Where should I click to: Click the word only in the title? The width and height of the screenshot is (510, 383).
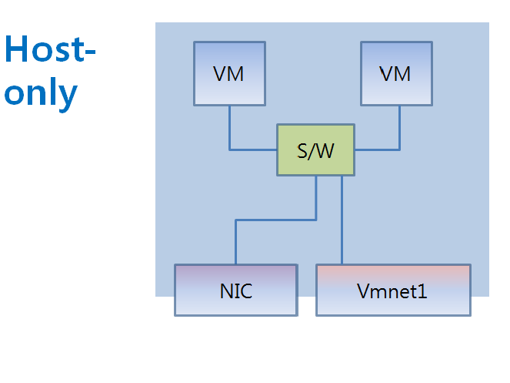pos(41,93)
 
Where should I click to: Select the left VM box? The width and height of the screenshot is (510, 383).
pos(229,73)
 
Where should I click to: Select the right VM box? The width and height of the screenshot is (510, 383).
pos(396,73)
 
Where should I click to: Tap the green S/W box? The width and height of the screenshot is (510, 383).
pos(315,150)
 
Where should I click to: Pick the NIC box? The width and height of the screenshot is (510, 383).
pos(235,290)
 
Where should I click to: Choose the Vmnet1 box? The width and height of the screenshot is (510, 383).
pos(392,290)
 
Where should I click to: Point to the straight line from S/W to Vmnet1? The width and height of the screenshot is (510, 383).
pos(342,223)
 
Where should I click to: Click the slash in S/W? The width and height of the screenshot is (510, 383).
pos(313,151)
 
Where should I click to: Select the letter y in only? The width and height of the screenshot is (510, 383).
pos(68,96)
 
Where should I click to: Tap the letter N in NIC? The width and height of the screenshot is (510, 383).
pos(225,292)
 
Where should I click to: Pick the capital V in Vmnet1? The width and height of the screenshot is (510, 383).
pos(362,292)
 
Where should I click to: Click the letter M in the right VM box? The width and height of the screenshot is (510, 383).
pos(402,74)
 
